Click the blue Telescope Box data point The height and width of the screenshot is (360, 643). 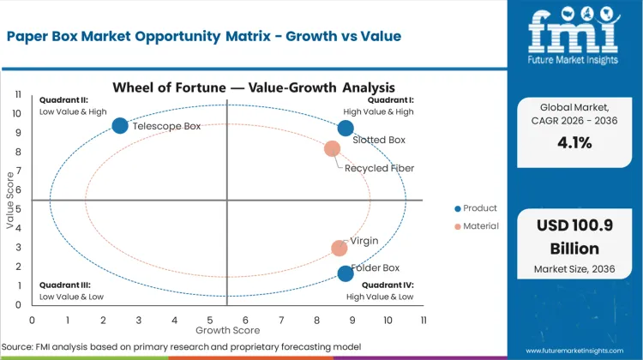click(120, 126)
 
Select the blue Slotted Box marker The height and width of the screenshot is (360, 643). click(346, 129)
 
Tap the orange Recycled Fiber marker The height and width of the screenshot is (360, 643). click(333, 149)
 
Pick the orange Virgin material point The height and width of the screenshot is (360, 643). click(340, 249)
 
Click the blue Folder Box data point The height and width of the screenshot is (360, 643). click(346, 273)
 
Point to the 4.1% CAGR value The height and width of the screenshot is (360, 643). click(575, 143)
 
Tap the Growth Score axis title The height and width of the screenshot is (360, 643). click(227, 329)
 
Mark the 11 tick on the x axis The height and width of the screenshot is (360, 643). click(423, 319)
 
